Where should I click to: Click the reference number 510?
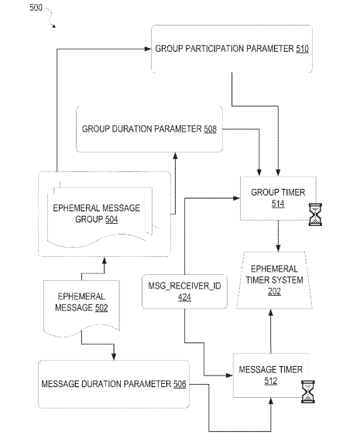(x=302, y=49)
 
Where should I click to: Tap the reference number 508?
(x=210, y=129)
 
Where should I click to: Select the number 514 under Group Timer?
(x=278, y=204)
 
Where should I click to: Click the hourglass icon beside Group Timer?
(x=315, y=214)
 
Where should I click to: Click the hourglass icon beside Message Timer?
(x=308, y=392)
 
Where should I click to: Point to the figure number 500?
(x=36, y=8)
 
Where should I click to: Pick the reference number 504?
(x=111, y=219)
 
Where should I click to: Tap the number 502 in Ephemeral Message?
(x=101, y=307)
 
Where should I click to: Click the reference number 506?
(x=180, y=384)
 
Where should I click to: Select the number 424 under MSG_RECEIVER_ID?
(x=184, y=297)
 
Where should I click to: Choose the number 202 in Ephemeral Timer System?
(x=274, y=291)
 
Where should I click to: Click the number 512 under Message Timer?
(x=271, y=381)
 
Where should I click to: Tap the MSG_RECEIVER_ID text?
(x=185, y=286)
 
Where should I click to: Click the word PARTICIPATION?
(x=214, y=49)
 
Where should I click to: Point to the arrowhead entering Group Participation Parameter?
(x=148, y=49)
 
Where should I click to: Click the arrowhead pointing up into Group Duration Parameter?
(x=175, y=156)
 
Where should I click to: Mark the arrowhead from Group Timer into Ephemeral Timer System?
(x=278, y=248)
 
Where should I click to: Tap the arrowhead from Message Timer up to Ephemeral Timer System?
(x=271, y=313)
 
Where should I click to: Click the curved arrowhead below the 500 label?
(x=53, y=26)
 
